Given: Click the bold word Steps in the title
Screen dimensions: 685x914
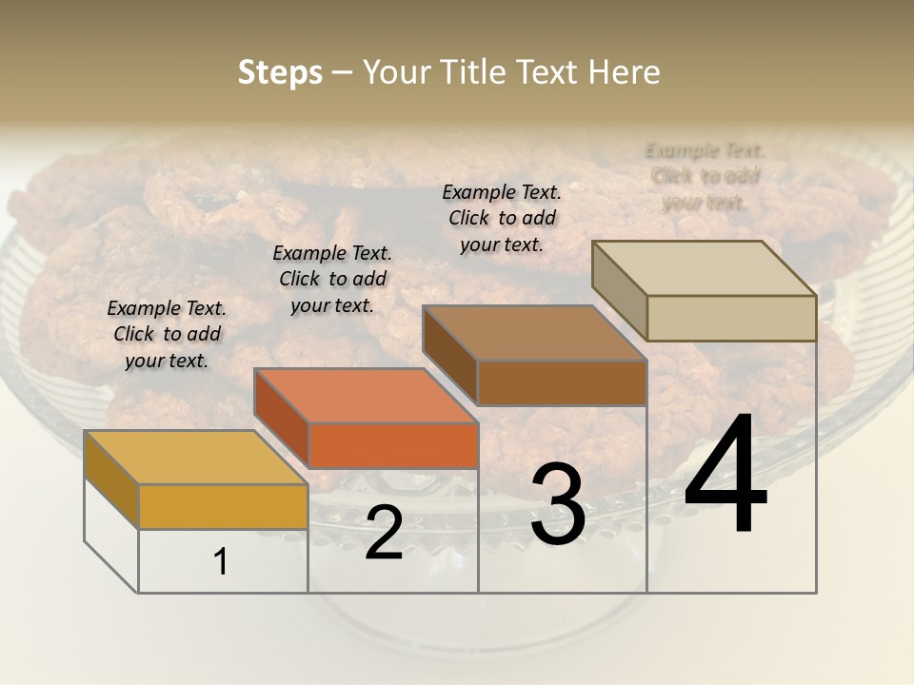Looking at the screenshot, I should [279, 72].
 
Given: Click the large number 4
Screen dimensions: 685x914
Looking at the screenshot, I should [725, 475].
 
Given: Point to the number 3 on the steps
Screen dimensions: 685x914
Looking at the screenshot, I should [557, 504].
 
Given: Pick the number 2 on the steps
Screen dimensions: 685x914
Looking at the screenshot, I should [384, 533].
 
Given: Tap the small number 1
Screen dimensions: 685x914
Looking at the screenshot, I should [221, 562].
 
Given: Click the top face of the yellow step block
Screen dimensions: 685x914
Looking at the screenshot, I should [195, 458].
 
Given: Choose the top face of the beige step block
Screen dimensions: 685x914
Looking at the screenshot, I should [704, 268].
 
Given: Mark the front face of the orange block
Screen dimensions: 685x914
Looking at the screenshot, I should [393, 445].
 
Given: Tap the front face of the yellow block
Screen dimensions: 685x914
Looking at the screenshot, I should [223, 506].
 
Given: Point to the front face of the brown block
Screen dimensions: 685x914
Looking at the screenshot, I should [562, 382].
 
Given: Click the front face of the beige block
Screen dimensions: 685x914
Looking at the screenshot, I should [731, 318].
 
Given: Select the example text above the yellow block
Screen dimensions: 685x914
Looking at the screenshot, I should [167, 334].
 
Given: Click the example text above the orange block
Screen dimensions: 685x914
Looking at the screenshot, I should [332, 279].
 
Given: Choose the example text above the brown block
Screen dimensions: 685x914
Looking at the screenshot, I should [502, 218].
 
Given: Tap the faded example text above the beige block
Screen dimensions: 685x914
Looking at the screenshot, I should [705, 176].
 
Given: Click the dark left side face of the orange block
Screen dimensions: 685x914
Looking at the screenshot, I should [282, 419].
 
